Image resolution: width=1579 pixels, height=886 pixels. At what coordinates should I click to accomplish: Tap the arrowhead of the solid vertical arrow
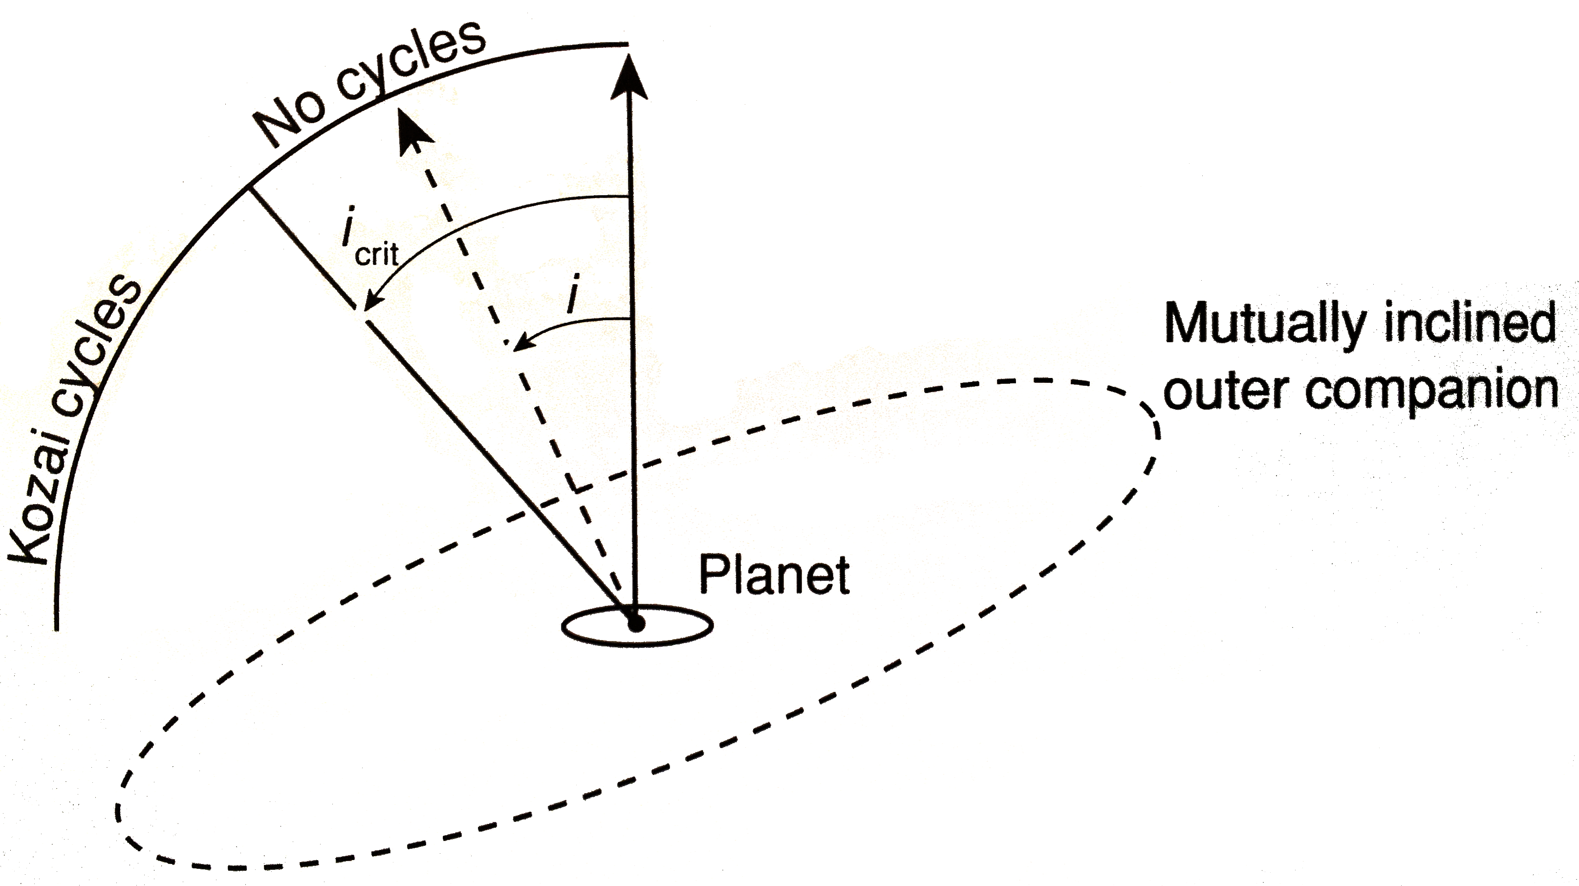tap(629, 77)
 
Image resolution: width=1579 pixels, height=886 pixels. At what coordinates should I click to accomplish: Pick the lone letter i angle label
tap(573, 294)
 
